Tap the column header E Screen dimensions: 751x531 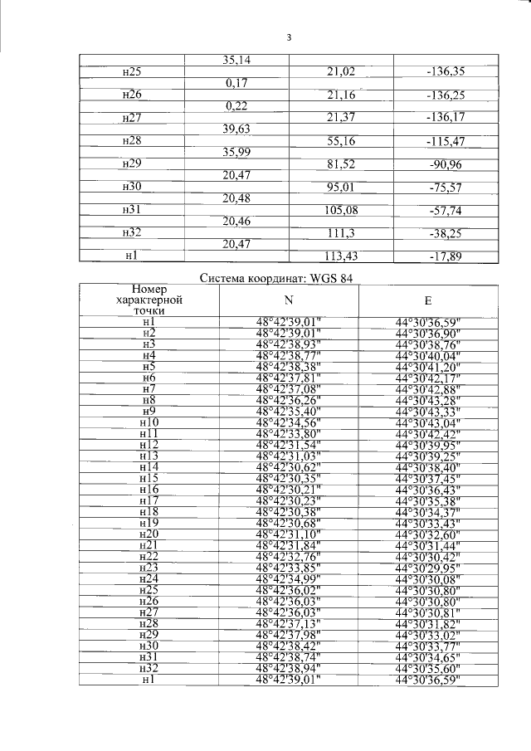[x=427, y=300]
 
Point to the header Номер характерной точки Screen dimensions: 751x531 [x=149, y=300]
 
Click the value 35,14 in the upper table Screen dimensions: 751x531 [x=240, y=60]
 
